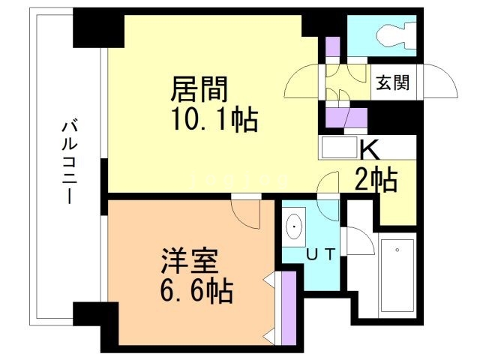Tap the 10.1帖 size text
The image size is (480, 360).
pyautogui.click(x=215, y=119)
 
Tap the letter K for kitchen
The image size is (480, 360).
pyautogui.click(x=369, y=148)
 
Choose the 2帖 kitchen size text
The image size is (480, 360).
pyautogui.click(x=376, y=180)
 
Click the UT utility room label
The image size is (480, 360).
pyautogui.click(x=316, y=253)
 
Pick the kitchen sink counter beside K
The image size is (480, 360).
pyautogui.click(x=340, y=148)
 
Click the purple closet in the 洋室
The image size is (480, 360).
pyautogui.click(x=285, y=306)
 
